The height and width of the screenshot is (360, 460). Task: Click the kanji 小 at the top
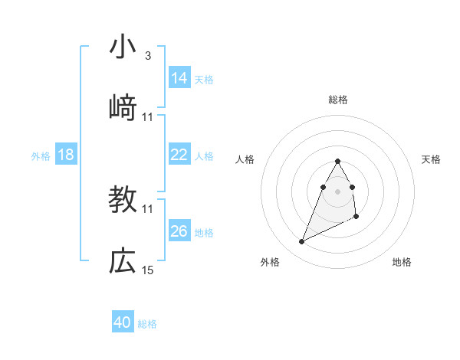point(123,47)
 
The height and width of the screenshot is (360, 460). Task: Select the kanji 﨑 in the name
point(123,108)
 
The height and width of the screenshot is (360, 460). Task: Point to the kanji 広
point(123,261)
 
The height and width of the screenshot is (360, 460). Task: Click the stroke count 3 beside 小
point(148,56)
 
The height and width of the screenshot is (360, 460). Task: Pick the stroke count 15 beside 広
point(148,270)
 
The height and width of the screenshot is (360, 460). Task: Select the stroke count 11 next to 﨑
point(148,117)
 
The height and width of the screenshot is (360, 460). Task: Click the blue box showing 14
point(179,78)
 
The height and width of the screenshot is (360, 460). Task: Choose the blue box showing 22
point(179,155)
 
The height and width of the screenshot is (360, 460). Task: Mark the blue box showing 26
point(179,231)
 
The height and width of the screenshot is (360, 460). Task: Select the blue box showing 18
point(66,155)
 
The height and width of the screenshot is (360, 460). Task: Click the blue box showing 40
point(123,322)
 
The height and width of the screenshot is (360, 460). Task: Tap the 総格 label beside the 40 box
point(147,324)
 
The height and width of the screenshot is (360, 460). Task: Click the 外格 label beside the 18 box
point(41,156)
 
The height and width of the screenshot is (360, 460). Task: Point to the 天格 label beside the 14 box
point(204,80)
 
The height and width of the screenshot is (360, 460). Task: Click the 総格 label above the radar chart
point(338,100)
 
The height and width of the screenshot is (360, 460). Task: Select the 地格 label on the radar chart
point(402,262)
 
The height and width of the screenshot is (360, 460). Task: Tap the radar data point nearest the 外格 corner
point(302,242)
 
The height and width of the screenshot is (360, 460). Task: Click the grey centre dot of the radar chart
point(337,190)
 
